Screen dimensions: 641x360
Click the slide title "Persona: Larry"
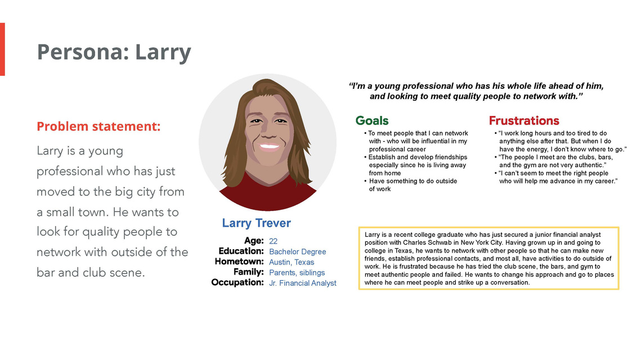click(114, 52)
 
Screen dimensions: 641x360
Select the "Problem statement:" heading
click(98, 126)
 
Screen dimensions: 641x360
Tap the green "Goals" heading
click(372, 120)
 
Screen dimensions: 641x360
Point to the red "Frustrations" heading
click(524, 120)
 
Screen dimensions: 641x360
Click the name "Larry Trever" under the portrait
click(256, 223)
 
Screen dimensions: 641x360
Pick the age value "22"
click(273, 241)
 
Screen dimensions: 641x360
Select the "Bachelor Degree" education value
click(298, 251)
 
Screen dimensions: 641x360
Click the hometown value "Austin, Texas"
click(292, 262)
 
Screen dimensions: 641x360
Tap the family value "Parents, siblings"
click(297, 273)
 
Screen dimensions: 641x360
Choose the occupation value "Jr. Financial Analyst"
click(303, 283)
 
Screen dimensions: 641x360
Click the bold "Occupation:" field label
click(237, 282)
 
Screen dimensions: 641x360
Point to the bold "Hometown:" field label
click(239, 262)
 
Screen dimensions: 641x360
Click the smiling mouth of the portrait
click(268, 147)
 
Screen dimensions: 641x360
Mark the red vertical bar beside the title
click(2, 49)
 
